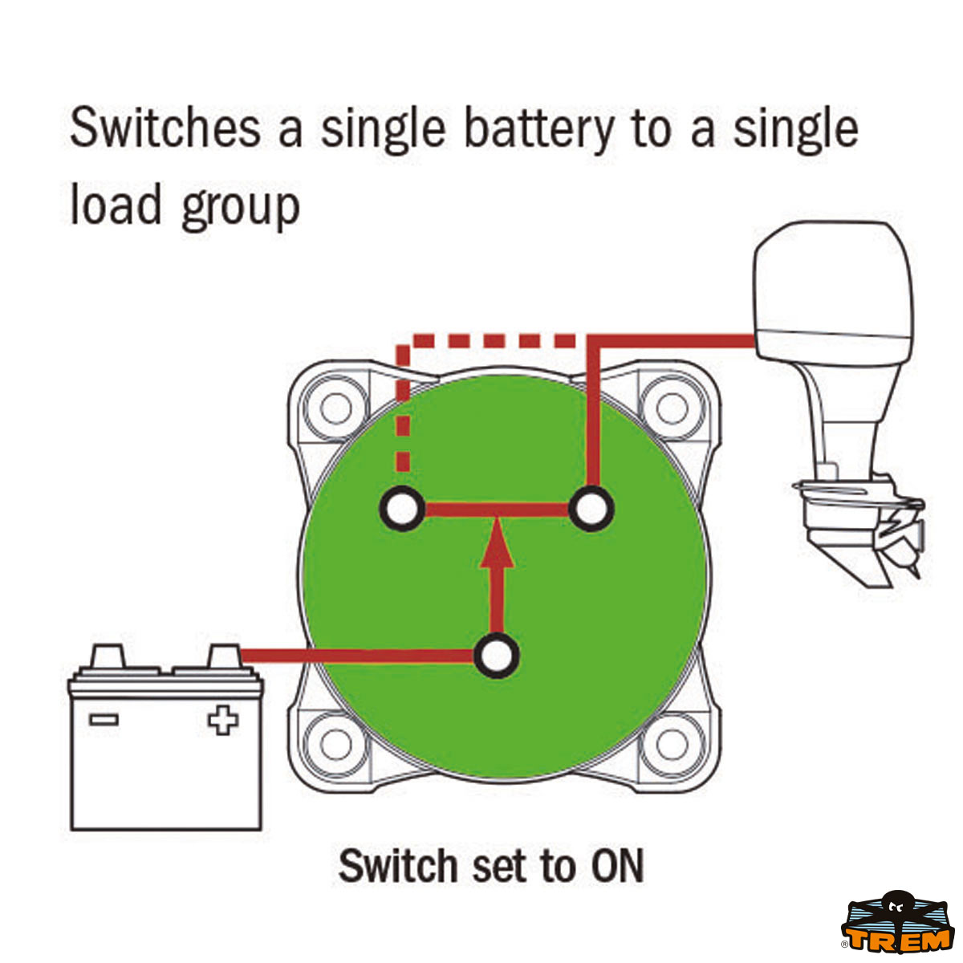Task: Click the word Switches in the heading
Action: click(x=165, y=128)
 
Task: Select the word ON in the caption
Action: click(x=617, y=866)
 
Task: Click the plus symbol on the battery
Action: click(x=223, y=720)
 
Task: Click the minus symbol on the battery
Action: click(x=104, y=720)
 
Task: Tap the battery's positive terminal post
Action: click(x=224, y=656)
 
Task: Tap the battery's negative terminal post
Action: click(x=107, y=656)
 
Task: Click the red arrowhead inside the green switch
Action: click(x=497, y=543)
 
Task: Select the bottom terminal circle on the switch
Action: click(x=496, y=656)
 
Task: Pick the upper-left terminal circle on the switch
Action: click(x=402, y=509)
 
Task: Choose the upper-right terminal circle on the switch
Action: click(x=591, y=509)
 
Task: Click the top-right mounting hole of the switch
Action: click(x=672, y=408)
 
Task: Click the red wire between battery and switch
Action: click(x=357, y=656)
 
